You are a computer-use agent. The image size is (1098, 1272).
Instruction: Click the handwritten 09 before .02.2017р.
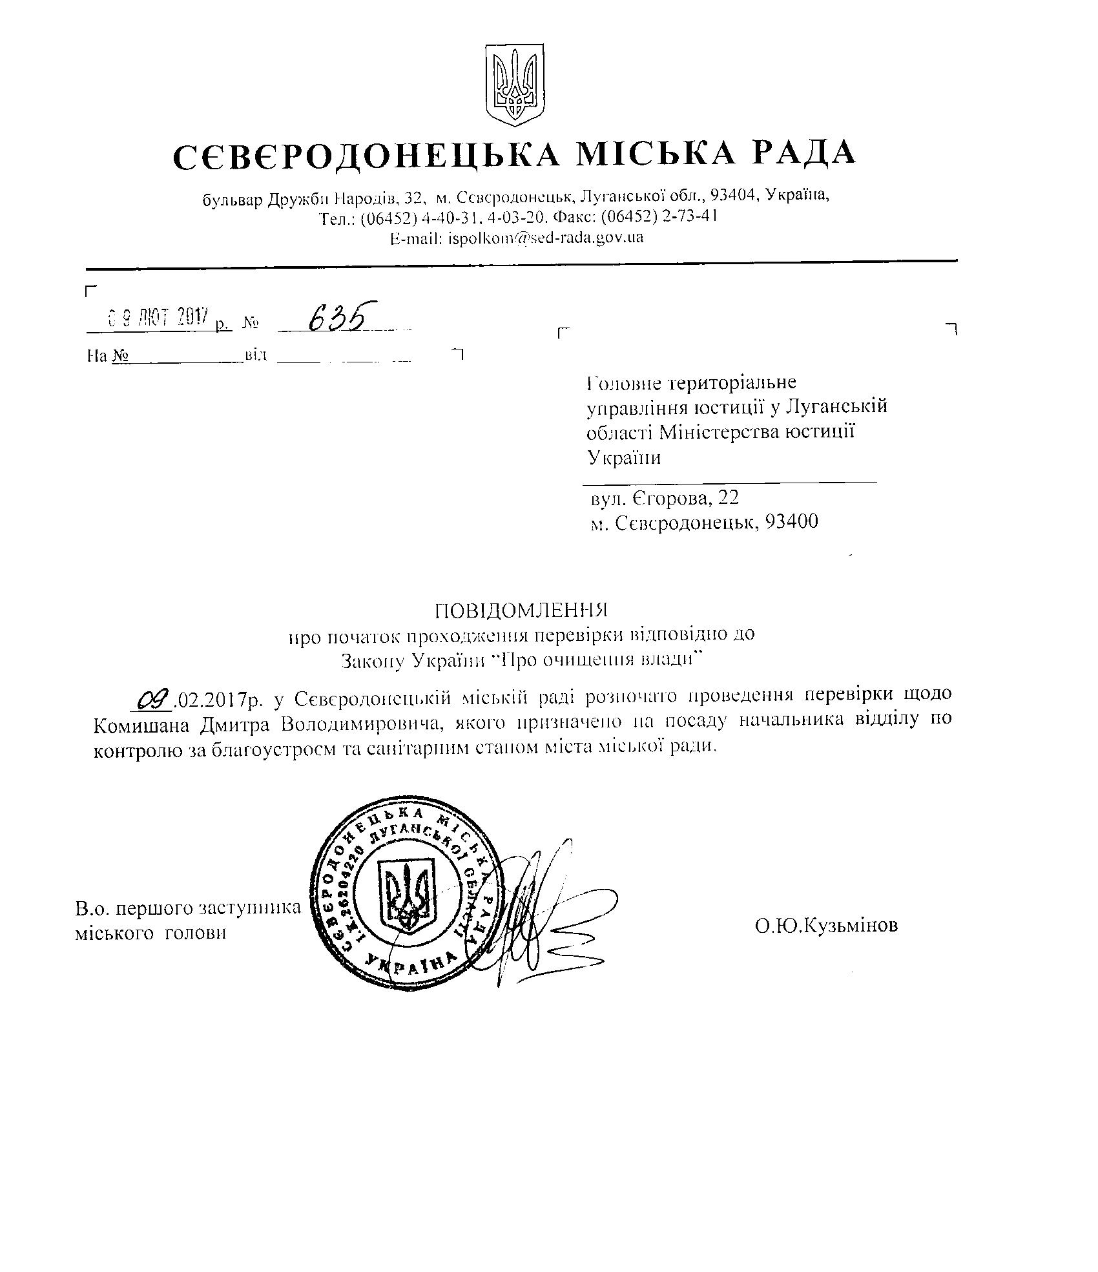point(154,698)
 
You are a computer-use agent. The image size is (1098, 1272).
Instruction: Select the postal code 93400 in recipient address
point(791,521)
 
